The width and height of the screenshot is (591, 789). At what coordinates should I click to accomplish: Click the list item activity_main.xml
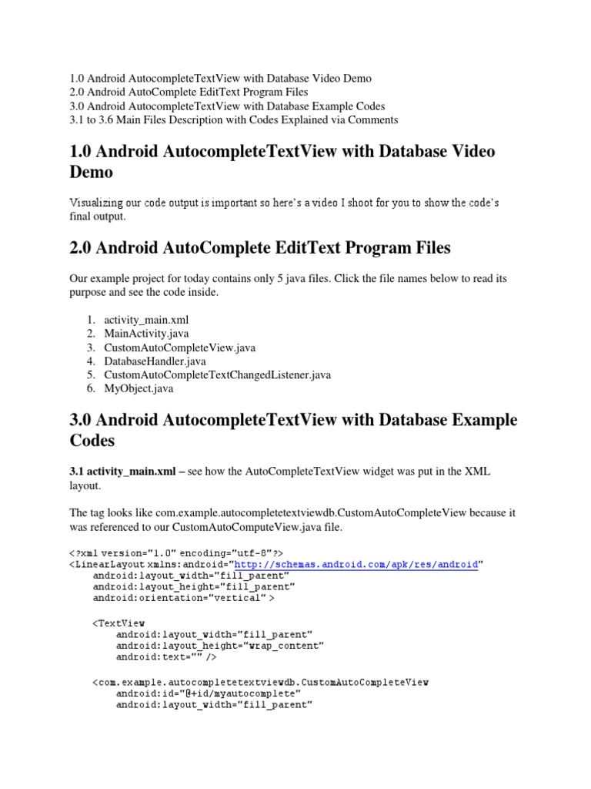pos(146,320)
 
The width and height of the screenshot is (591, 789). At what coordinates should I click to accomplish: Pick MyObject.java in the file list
pos(139,389)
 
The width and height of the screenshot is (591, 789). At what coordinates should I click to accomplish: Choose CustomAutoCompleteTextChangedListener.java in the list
pos(218,375)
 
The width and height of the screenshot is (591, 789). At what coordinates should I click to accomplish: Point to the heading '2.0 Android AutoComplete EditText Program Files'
pos(260,248)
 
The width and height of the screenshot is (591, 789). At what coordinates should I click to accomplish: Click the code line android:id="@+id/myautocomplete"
pos(208,693)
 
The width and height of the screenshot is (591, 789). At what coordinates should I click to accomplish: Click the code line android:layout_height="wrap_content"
pos(219,645)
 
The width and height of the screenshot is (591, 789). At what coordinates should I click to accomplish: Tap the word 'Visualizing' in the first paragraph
pos(95,203)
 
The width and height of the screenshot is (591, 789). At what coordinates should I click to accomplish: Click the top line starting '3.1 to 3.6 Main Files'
pos(233,119)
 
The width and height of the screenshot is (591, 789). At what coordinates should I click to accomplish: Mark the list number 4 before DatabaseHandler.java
pos(90,361)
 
